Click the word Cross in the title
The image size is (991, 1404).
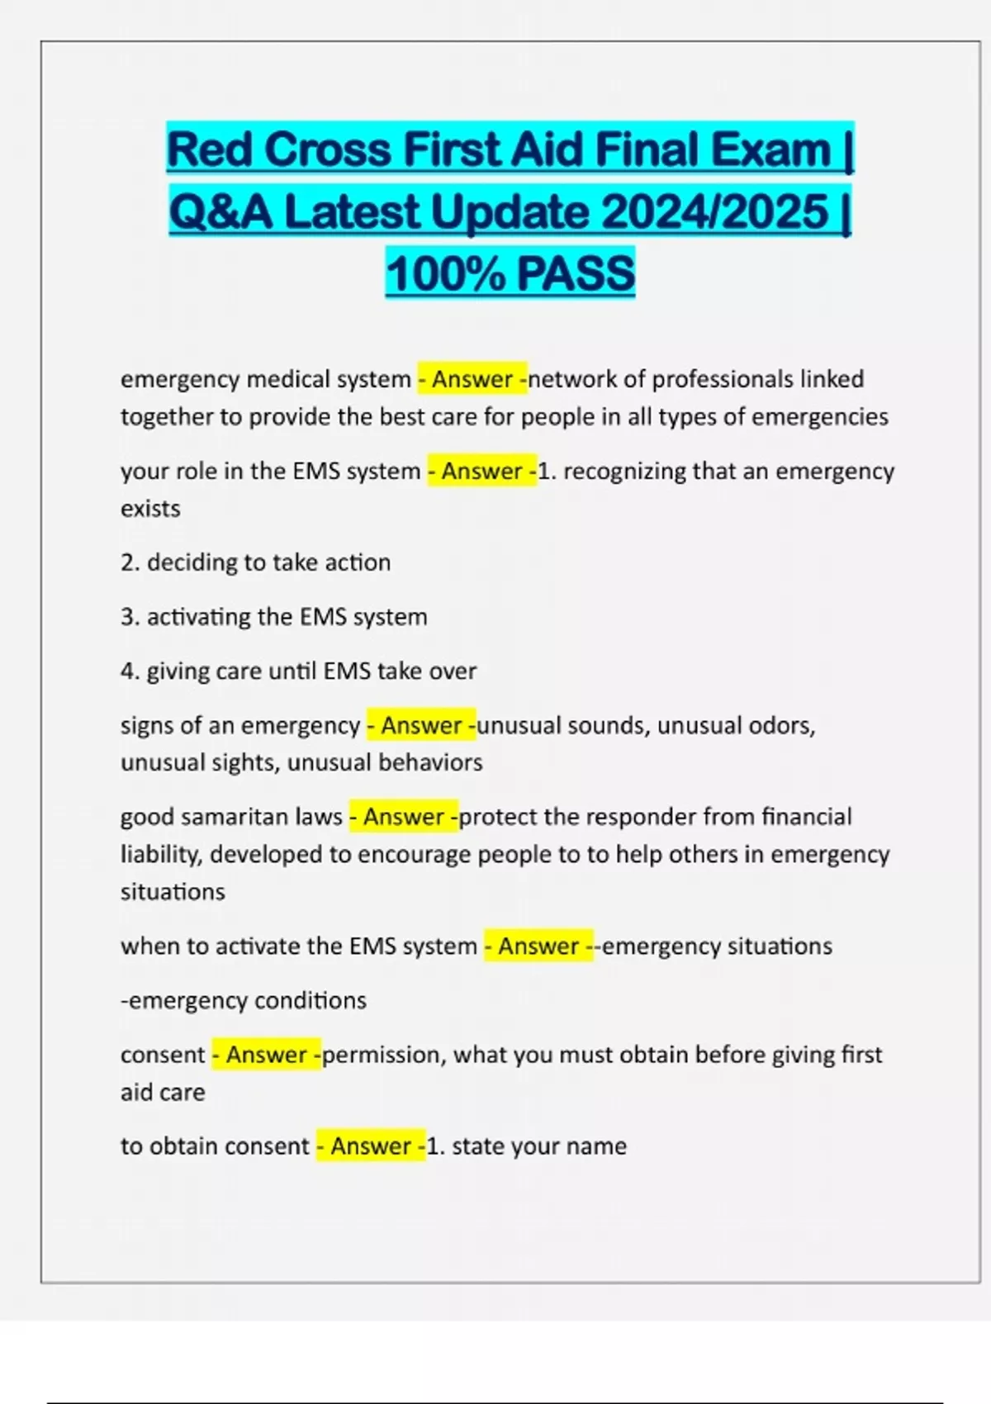pyautogui.click(x=328, y=150)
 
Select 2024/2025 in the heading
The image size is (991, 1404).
pyautogui.click(x=714, y=212)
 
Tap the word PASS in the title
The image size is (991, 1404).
pyautogui.click(x=576, y=273)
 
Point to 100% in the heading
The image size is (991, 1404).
pyautogui.click(x=443, y=273)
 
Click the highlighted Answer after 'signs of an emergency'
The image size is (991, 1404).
pyautogui.click(x=421, y=725)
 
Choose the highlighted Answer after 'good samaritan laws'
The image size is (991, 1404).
pyautogui.click(x=404, y=817)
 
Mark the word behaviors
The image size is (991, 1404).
pyautogui.click(x=430, y=762)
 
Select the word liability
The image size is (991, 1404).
pyautogui.click(x=159, y=854)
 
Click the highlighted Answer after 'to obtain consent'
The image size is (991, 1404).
pyautogui.click(x=371, y=1146)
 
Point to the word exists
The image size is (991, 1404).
pyautogui.click(x=150, y=509)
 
